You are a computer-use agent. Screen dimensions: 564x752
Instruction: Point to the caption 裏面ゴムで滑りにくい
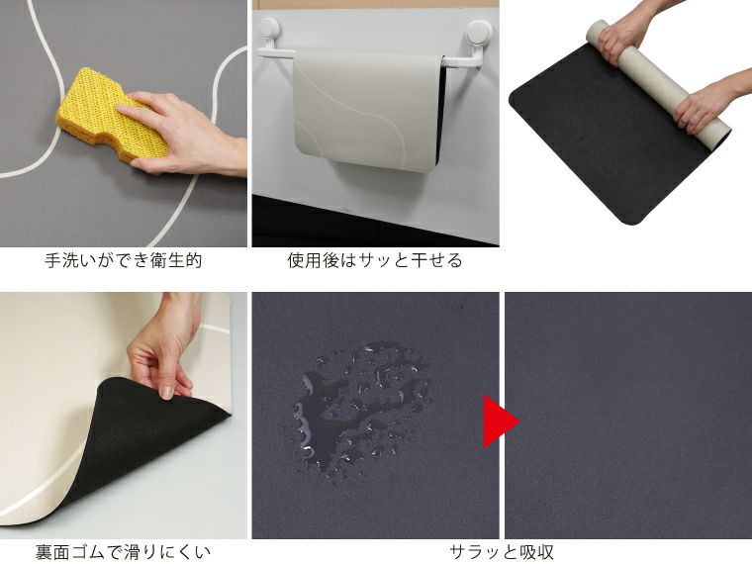[124, 551]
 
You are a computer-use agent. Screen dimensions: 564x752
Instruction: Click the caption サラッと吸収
[502, 551]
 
